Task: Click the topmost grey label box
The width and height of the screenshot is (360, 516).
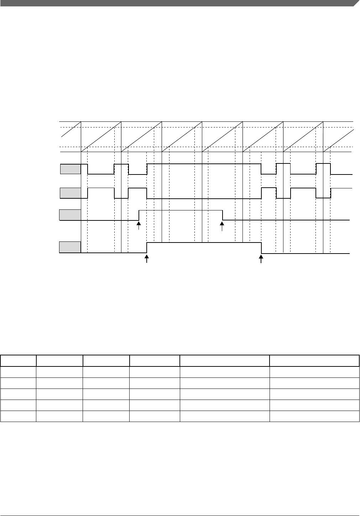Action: click(70, 169)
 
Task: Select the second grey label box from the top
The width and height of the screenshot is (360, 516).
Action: click(70, 193)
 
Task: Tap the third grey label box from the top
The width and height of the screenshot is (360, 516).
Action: click(70, 215)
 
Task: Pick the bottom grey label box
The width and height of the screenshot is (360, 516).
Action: click(70, 247)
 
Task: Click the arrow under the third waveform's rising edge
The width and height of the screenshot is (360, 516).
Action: click(139, 226)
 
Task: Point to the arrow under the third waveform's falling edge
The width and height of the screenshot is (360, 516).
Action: click(222, 226)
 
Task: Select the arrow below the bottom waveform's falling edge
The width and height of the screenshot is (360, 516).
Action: click(262, 259)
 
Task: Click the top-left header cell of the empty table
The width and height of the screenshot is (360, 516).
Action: click(18, 360)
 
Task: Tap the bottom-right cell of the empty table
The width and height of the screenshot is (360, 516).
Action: click(314, 416)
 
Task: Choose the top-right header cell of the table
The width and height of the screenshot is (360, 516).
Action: click(314, 360)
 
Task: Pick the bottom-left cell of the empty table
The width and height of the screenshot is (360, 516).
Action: click(18, 416)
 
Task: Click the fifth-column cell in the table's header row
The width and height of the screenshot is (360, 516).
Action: click(224, 360)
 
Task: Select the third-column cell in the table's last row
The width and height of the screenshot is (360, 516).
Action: click(106, 416)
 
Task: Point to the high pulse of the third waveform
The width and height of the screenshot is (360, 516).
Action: click(181, 210)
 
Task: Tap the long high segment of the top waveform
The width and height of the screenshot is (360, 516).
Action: click(204, 164)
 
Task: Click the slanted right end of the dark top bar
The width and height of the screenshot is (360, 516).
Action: click(356, 3)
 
